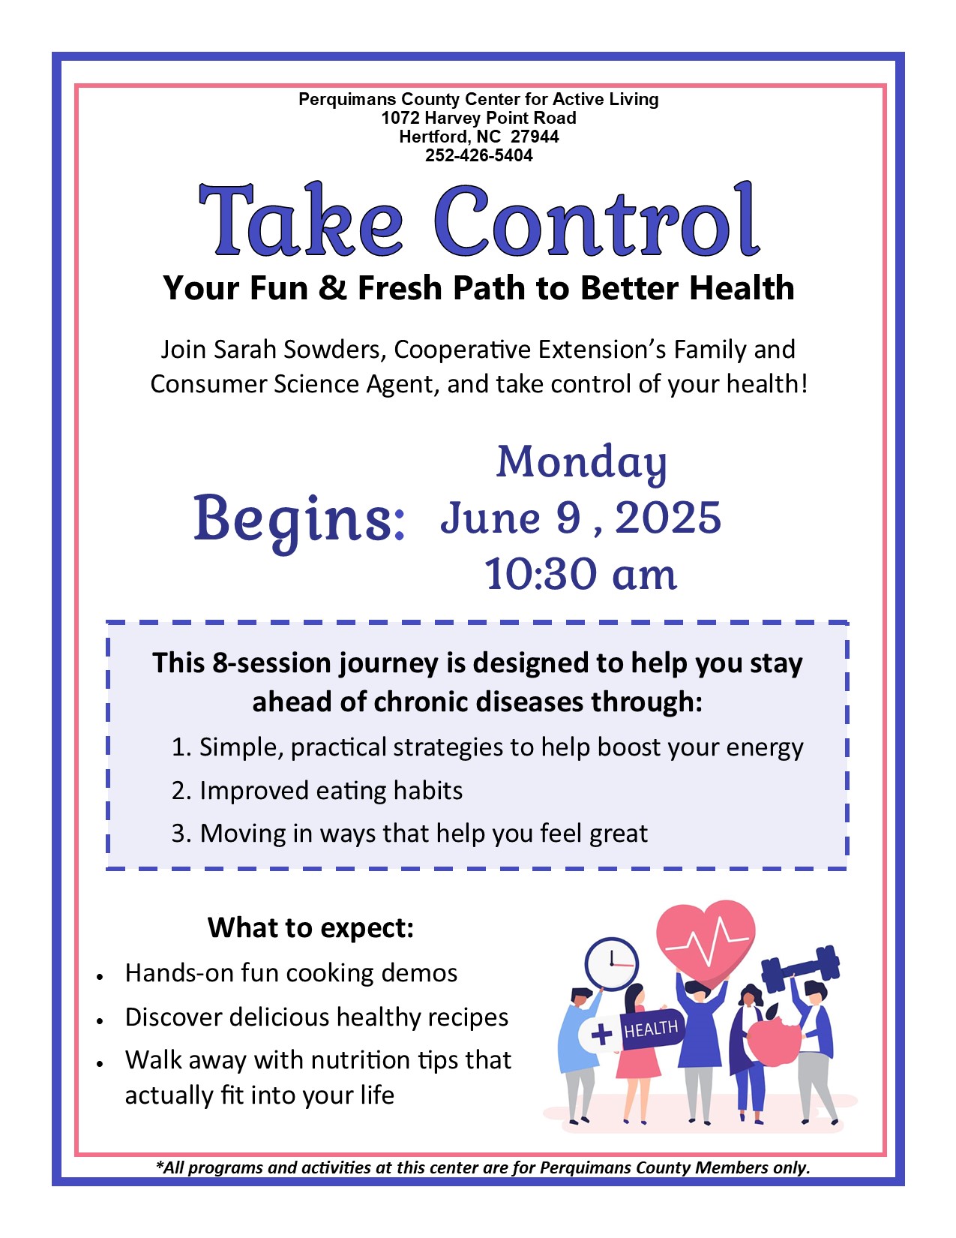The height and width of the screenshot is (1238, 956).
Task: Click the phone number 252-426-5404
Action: tap(478, 155)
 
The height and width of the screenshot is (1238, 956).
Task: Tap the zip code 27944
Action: tap(535, 136)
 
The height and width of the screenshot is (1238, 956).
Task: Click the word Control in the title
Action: tap(597, 221)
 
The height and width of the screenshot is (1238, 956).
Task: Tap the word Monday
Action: tap(581, 464)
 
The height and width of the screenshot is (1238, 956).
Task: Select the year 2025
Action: tap(668, 518)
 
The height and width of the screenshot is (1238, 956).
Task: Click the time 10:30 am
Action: tap(580, 574)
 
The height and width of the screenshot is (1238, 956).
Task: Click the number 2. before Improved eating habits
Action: tap(181, 791)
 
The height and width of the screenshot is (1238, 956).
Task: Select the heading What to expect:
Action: tap(310, 927)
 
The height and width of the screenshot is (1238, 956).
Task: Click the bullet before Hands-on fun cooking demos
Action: tap(100, 976)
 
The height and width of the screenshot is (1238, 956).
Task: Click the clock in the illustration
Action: tap(612, 964)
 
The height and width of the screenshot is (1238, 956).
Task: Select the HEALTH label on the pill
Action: tap(650, 1029)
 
